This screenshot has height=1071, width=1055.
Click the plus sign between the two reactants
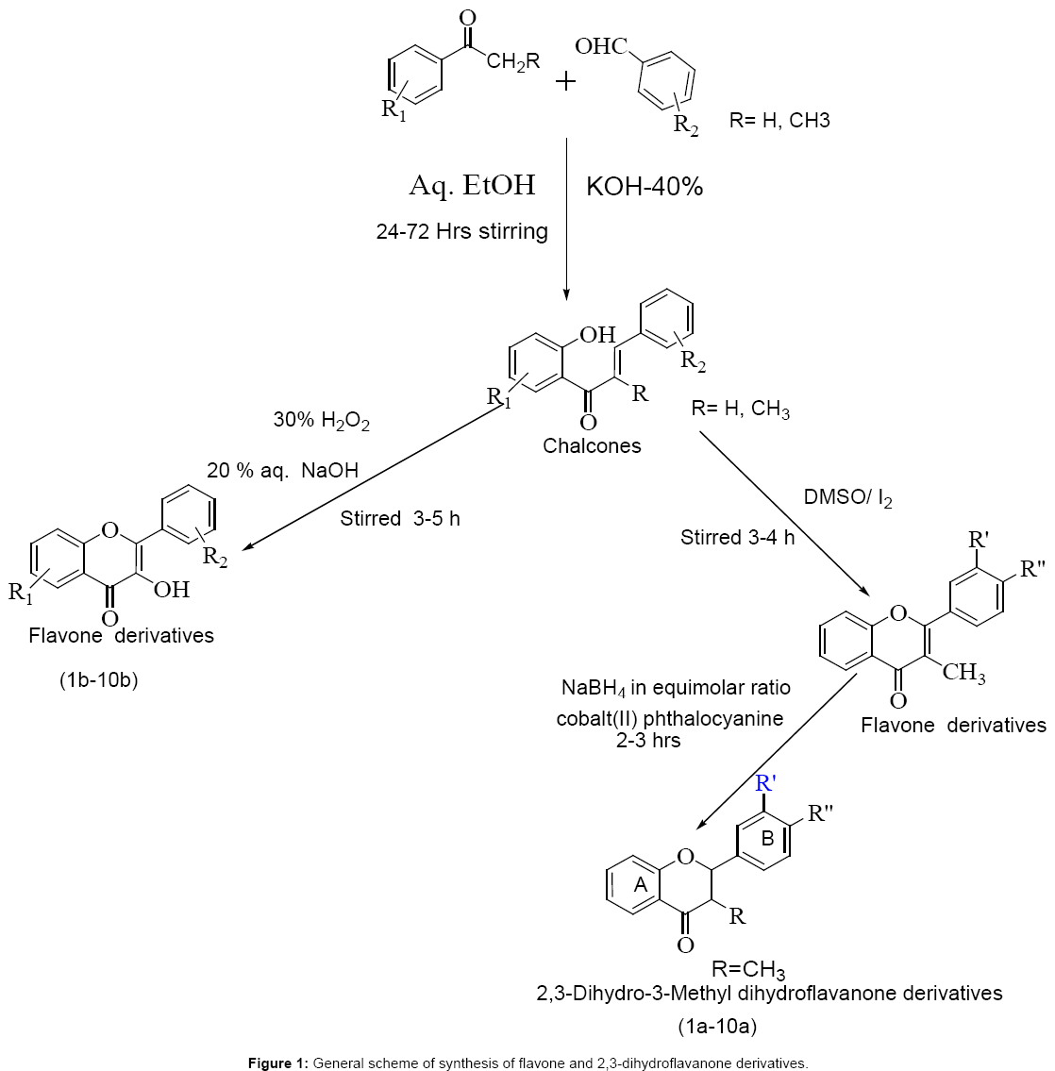click(x=565, y=81)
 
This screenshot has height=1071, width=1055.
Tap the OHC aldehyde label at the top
click(x=601, y=46)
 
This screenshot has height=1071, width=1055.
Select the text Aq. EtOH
click(x=472, y=185)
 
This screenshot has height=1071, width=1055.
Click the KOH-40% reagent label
click(x=645, y=187)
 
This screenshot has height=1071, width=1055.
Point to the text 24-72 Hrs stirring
click(x=461, y=231)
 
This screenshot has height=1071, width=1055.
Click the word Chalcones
click(x=592, y=445)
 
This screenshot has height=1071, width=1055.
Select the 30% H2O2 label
click(x=322, y=421)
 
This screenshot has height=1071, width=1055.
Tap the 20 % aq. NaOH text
click(x=283, y=470)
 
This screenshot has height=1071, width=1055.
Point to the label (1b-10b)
click(x=98, y=679)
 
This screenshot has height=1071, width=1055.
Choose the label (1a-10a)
click(x=717, y=1025)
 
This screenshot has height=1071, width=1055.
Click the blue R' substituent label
click(x=766, y=783)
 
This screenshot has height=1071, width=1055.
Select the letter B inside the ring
click(x=768, y=837)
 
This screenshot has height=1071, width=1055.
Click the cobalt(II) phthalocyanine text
click(x=670, y=718)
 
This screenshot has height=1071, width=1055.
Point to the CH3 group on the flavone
click(x=963, y=673)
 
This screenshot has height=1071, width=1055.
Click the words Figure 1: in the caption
click(x=278, y=1063)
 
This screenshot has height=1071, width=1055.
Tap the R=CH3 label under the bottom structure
click(x=748, y=969)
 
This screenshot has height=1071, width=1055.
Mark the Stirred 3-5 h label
click(x=400, y=519)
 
